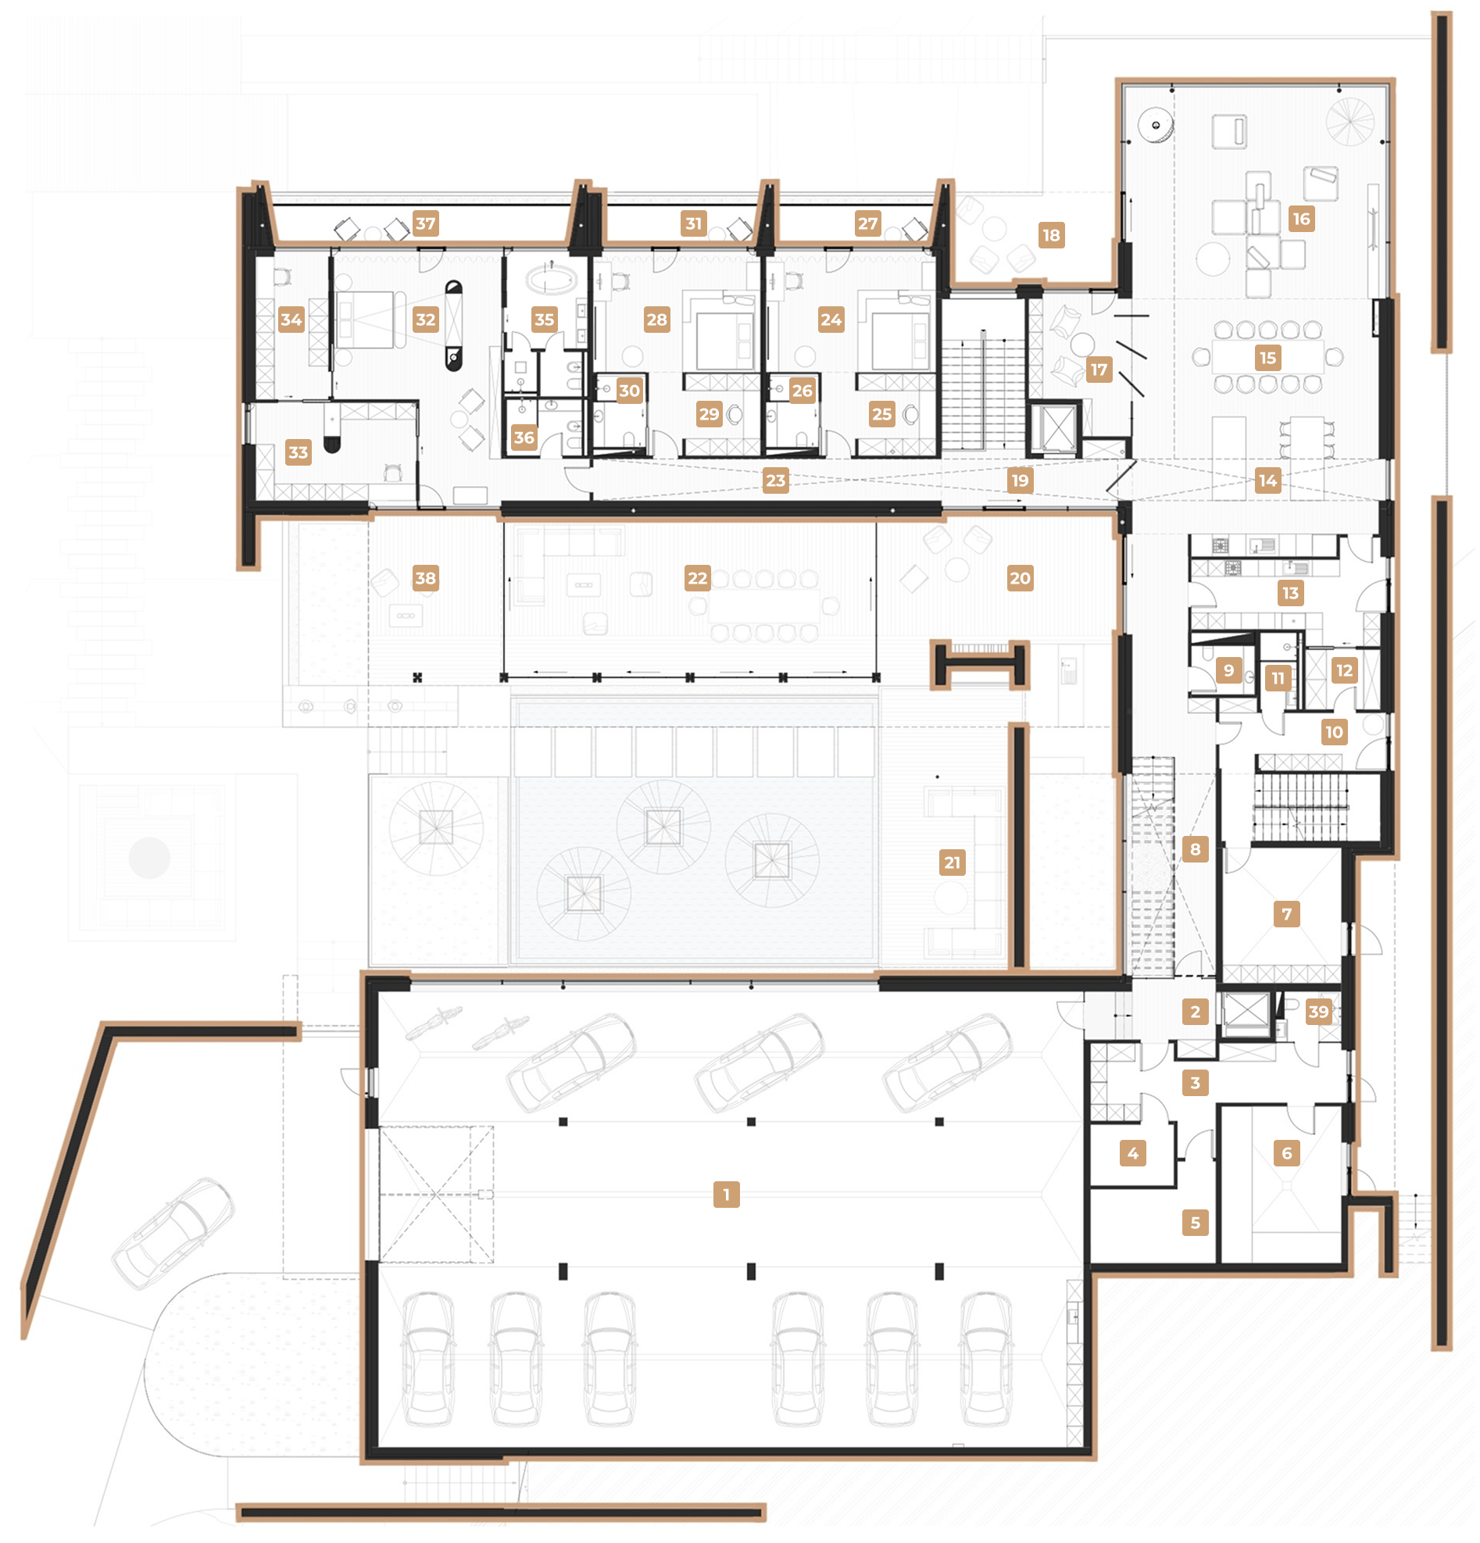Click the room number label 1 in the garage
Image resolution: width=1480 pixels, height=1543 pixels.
[x=726, y=1195]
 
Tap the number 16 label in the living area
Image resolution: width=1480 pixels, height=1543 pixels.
[x=1301, y=219]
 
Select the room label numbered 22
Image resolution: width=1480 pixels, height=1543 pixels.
[x=698, y=579]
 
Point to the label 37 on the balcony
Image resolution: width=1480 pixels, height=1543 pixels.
[x=425, y=223]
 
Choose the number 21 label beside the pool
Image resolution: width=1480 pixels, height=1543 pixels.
[x=953, y=863]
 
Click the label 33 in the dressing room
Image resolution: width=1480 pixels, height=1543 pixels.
[x=298, y=452]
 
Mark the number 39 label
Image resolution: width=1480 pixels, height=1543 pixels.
[x=1317, y=1012]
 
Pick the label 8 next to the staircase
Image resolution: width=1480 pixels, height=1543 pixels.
[x=1195, y=849]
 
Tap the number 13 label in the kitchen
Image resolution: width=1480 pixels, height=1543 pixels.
[x=1290, y=594]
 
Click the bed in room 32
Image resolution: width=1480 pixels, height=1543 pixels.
[x=365, y=320]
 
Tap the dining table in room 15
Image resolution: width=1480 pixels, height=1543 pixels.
[x=1267, y=357]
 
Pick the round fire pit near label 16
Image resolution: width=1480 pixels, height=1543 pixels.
[x=1155, y=125]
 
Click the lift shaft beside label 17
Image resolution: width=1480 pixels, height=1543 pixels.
[x=1056, y=429]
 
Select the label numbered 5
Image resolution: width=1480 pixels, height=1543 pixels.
[x=1195, y=1223]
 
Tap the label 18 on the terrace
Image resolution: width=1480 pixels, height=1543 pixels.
[x=1051, y=235]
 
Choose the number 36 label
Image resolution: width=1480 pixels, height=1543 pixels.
[x=524, y=438]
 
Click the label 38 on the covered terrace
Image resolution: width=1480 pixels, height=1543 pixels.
[x=425, y=579]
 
